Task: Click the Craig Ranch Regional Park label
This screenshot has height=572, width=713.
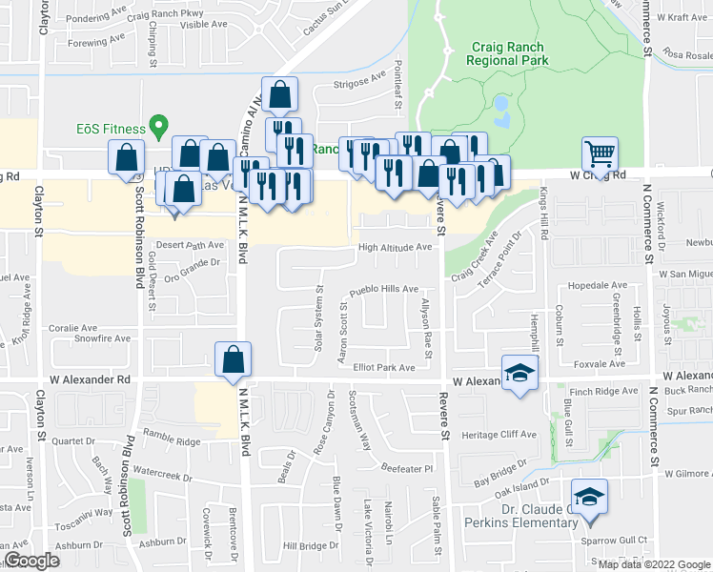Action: pyautogui.click(x=508, y=52)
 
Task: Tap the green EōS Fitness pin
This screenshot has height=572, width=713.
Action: pyautogui.click(x=161, y=125)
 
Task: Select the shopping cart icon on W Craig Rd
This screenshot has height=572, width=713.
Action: pyautogui.click(x=600, y=153)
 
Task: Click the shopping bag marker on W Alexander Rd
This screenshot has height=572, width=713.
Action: pyautogui.click(x=233, y=360)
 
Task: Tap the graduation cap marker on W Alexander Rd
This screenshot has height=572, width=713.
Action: pyautogui.click(x=519, y=371)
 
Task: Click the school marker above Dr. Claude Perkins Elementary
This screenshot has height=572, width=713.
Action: pyautogui.click(x=588, y=497)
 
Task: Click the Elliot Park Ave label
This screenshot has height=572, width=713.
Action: pyautogui.click(x=384, y=367)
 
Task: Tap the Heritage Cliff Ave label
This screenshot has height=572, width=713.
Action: pyautogui.click(x=499, y=434)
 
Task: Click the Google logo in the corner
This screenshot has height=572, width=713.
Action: pyautogui.click(x=31, y=561)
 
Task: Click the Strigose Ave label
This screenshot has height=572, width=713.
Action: pyautogui.click(x=358, y=83)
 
